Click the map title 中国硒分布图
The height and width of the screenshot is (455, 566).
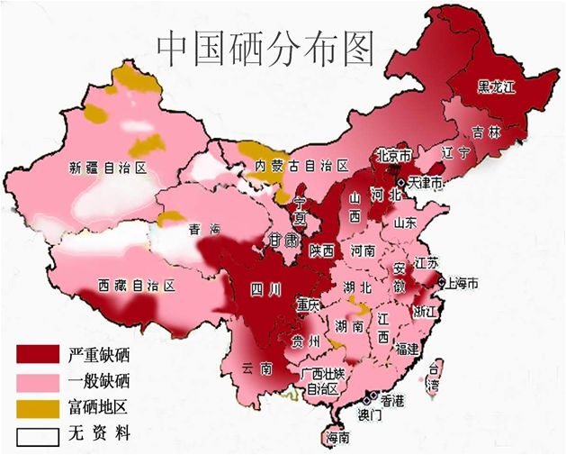pos(265,50)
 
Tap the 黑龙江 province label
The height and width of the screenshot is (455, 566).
pos(498,86)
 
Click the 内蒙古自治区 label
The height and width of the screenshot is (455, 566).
pos(301,166)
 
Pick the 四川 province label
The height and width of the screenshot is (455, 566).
pos(266,290)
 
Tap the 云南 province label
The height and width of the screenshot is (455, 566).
pos(256,369)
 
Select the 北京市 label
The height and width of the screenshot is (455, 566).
pos(393,154)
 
